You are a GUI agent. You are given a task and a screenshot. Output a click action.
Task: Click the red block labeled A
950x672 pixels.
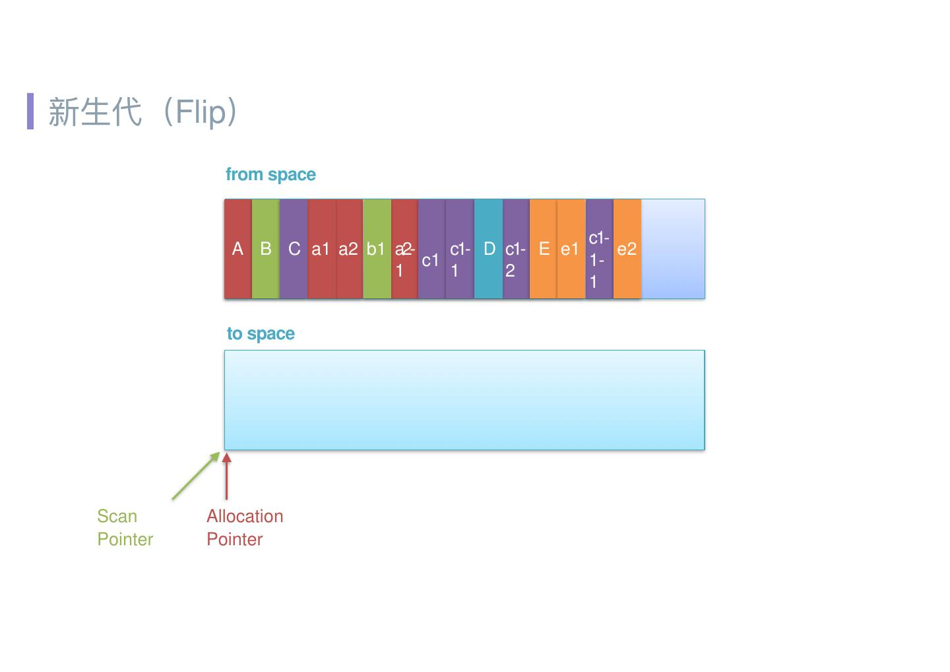[x=238, y=249]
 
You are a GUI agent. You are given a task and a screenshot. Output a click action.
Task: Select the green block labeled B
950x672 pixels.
[x=266, y=249]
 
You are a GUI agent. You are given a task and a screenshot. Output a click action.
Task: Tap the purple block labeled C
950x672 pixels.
[x=294, y=249]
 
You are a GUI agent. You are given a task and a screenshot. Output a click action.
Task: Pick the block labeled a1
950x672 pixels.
[x=321, y=249]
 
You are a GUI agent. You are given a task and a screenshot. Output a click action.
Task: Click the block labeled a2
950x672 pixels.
[x=349, y=249]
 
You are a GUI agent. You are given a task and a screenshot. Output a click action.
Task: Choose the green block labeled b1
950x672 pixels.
[x=377, y=249]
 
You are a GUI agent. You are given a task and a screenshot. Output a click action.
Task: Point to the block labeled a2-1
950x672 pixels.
[x=404, y=249]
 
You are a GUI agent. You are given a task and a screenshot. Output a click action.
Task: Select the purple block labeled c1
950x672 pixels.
[x=431, y=249]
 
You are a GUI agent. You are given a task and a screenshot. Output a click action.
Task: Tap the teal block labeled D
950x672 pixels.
[x=488, y=249]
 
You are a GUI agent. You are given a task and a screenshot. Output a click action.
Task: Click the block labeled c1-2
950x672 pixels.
[x=516, y=249]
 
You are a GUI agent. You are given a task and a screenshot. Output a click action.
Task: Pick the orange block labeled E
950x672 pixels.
[x=544, y=249]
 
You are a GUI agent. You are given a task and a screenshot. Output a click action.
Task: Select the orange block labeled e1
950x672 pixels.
[x=571, y=249]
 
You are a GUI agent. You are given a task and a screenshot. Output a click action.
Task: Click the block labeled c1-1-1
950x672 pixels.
[x=599, y=249]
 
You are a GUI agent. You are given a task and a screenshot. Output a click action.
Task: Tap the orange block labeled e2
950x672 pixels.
[x=627, y=249]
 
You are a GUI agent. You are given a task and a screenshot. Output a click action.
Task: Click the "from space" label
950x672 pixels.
[x=270, y=174]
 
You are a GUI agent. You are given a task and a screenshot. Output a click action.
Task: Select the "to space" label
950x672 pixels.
[x=261, y=333]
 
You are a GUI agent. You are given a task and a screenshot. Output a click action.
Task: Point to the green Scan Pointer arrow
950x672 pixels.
[x=195, y=475]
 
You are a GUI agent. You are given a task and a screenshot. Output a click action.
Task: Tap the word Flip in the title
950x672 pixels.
[x=201, y=112]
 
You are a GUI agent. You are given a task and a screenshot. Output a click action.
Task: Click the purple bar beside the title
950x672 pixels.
[x=30, y=111]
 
